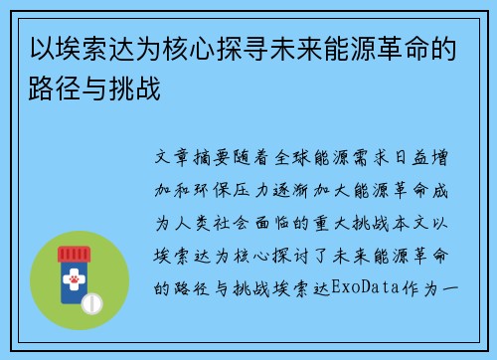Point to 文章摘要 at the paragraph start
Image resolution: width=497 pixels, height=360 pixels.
pyautogui.click(x=192, y=157)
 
